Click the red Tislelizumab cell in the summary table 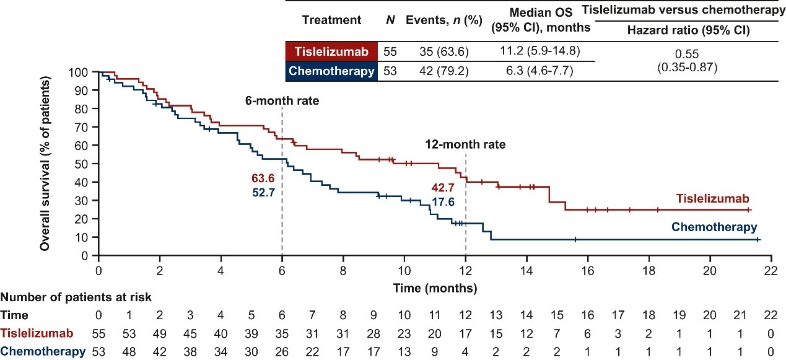point(331,51)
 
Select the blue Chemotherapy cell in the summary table point(331,71)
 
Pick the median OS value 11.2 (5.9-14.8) point(541,51)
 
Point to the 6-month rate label point(282,100)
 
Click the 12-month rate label point(465,144)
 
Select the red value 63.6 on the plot point(263,178)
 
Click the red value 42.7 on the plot point(442,187)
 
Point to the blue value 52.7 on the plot point(263,192)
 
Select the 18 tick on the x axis point(649,271)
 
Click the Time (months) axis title point(434,288)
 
